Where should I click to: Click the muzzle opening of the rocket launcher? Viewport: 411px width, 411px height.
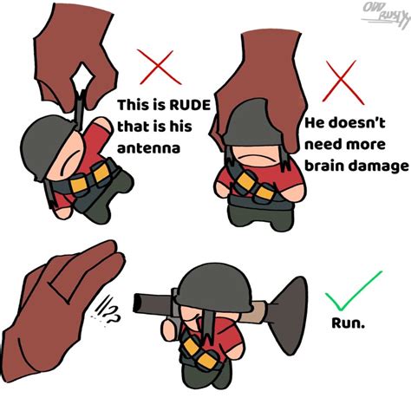click(136, 301)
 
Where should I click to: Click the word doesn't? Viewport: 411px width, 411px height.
click(354, 124)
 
